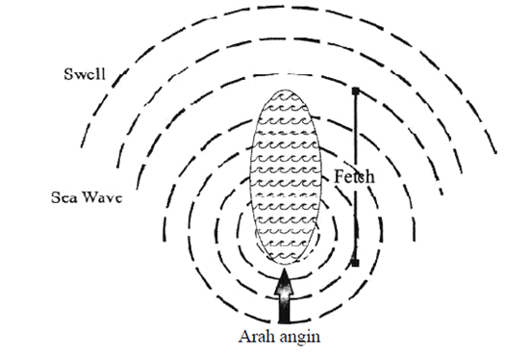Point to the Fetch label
355,177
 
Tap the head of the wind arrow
284,280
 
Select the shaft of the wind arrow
284,308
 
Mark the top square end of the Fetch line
355,91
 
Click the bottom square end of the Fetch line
355,262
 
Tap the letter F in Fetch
340,177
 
